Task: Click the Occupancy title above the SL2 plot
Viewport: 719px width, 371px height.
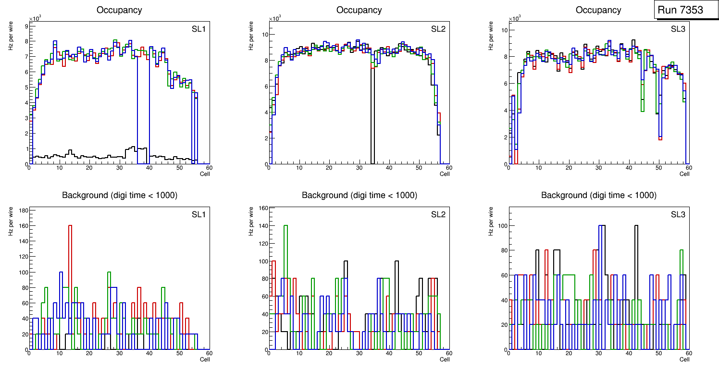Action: (359, 10)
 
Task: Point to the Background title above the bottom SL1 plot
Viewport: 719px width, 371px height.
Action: (120, 195)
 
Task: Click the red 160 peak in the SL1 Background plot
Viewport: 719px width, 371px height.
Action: (70, 225)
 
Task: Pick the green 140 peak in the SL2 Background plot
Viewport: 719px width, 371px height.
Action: (285, 225)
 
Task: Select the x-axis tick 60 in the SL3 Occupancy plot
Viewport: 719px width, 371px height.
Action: (688, 168)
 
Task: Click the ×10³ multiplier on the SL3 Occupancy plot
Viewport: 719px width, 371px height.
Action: (515, 18)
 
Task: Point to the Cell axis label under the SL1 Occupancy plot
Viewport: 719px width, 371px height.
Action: (205, 173)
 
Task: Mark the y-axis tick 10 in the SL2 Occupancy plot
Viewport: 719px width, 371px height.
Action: (264, 35)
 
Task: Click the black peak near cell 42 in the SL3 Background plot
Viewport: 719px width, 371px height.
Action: (636, 225)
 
